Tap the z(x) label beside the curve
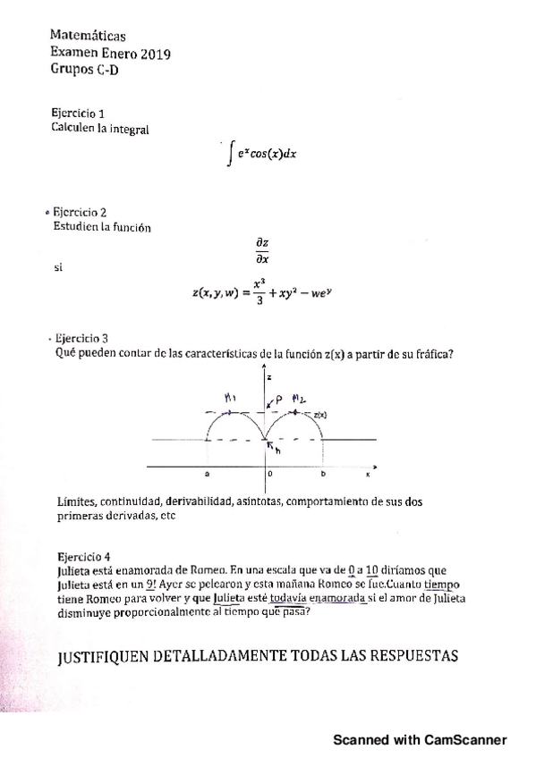pyautogui.click(x=319, y=416)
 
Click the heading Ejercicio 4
pyautogui.click(x=83, y=555)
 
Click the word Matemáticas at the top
pyautogui.click(x=88, y=36)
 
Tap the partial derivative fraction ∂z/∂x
pyautogui.click(x=260, y=250)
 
